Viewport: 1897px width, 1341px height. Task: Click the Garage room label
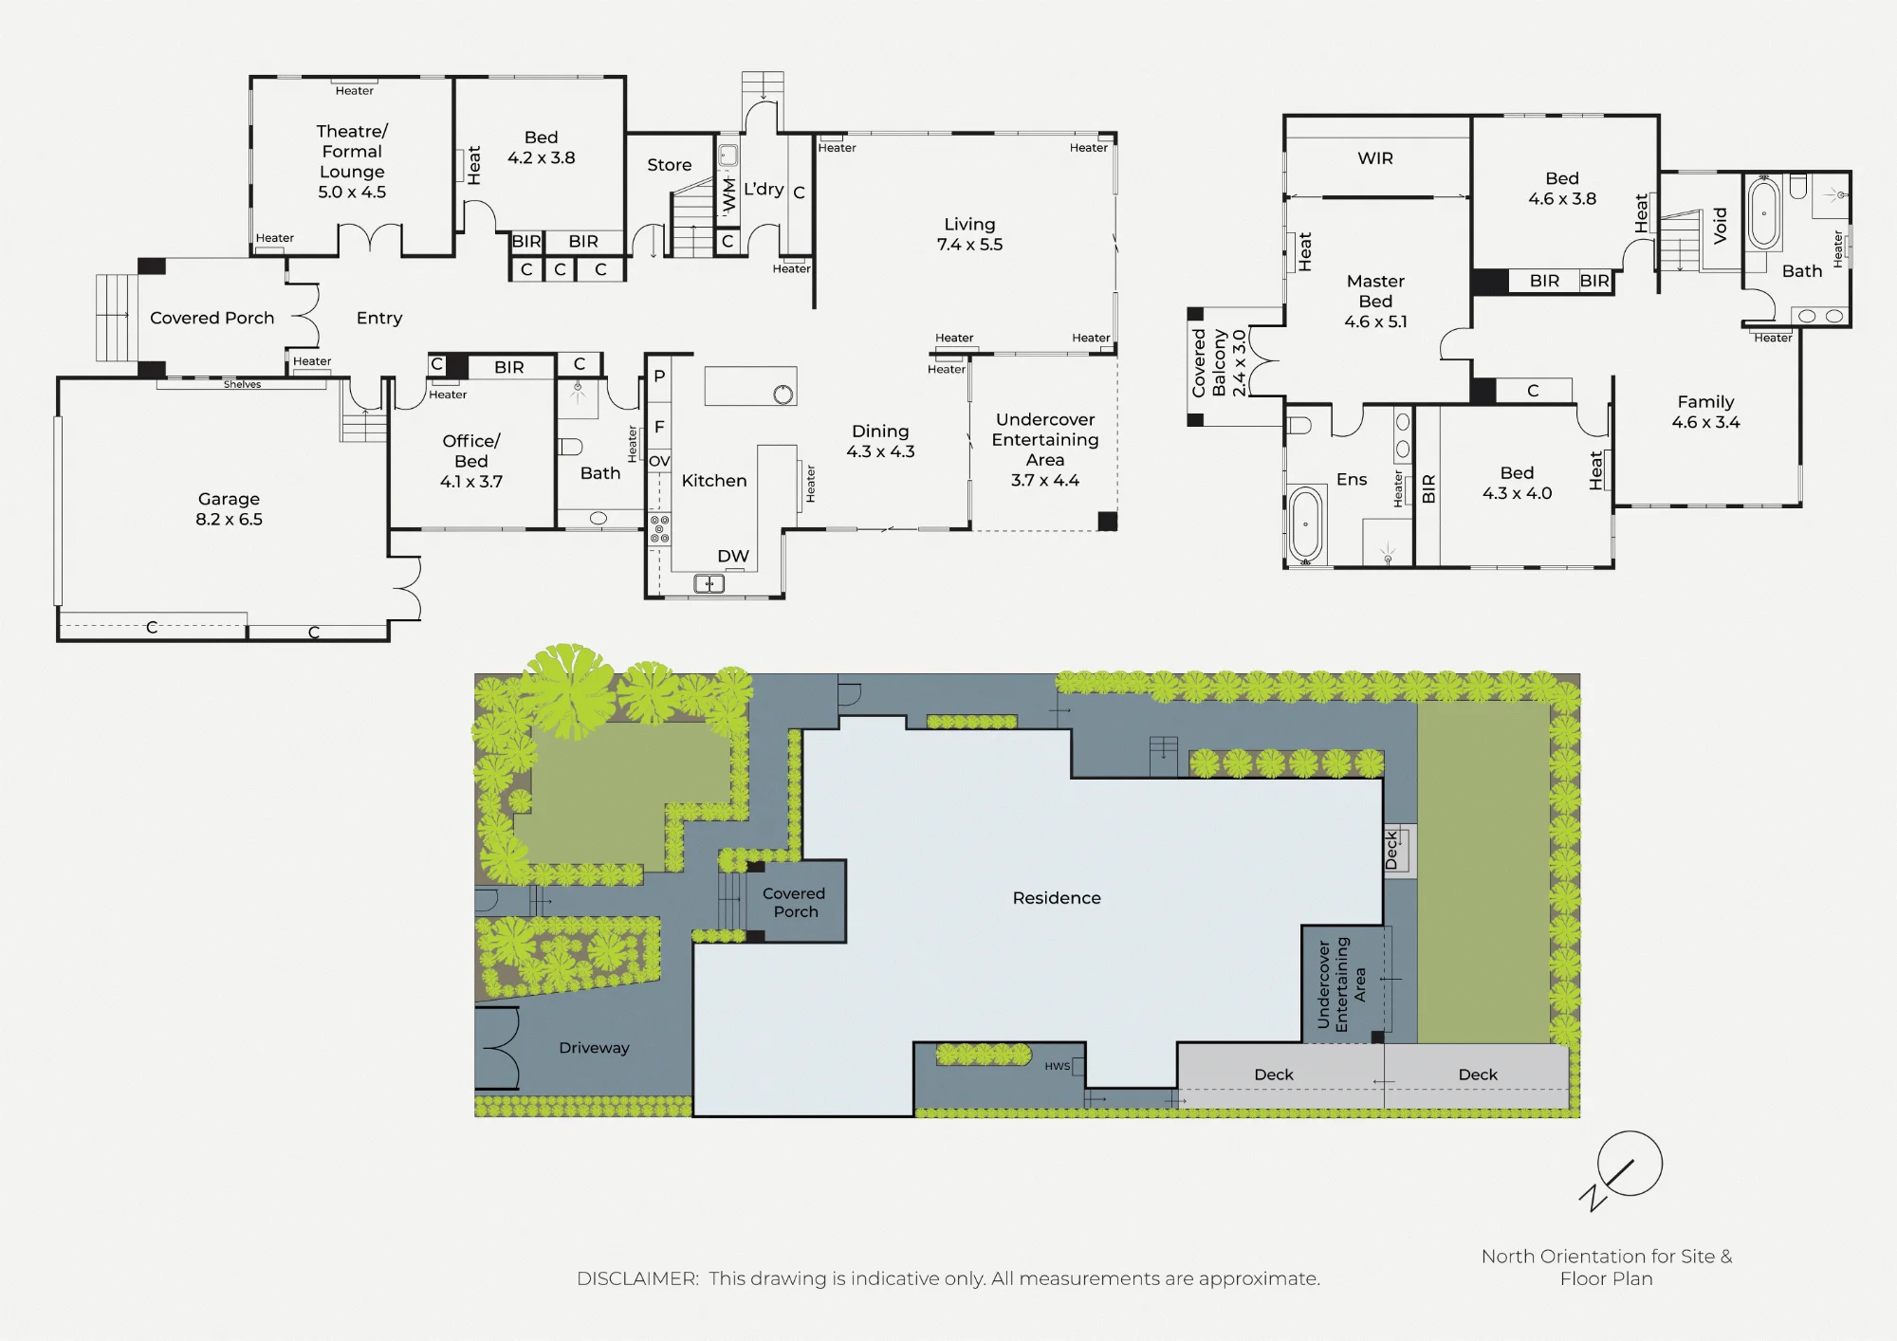[x=229, y=499]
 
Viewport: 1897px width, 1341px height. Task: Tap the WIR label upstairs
[x=1375, y=158]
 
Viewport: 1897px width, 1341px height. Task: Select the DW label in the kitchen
[x=733, y=556]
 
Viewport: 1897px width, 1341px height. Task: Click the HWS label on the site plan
[x=1058, y=1066]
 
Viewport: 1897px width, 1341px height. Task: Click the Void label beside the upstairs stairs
[x=1721, y=226]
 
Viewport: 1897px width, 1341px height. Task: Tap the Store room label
[x=670, y=165]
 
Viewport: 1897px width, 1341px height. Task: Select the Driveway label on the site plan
[x=594, y=1048]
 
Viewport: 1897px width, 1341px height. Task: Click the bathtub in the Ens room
[x=1306, y=524]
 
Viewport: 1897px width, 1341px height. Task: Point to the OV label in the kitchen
[x=659, y=461]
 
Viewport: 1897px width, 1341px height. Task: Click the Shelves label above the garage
[x=242, y=384]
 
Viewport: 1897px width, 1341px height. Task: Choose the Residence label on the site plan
[x=1057, y=898]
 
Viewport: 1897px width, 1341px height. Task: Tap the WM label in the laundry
[x=728, y=194]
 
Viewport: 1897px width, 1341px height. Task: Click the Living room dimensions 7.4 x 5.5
[x=969, y=245]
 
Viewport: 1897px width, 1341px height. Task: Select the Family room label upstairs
[x=1705, y=402]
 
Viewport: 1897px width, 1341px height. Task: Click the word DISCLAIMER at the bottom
[x=637, y=1278]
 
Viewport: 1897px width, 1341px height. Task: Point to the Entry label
[x=379, y=318]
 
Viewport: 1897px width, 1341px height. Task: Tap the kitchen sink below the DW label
[x=709, y=584]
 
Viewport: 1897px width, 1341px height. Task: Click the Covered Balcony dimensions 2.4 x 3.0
[x=1238, y=363]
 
